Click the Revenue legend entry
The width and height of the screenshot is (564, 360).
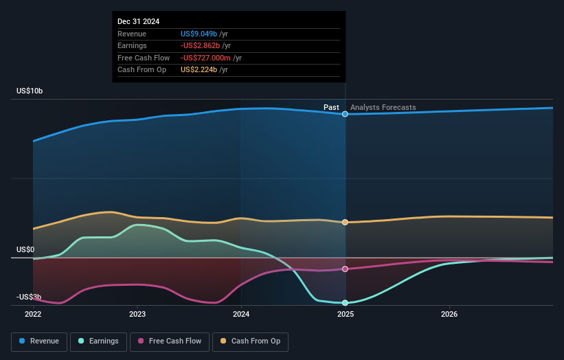coord(39,341)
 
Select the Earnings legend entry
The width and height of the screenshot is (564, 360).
coord(98,341)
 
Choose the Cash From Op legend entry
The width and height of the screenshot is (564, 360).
coord(250,341)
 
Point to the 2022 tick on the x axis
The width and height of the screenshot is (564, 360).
coord(33,314)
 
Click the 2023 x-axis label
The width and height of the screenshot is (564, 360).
coord(137,314)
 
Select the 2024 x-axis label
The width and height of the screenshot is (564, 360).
coord(241,314)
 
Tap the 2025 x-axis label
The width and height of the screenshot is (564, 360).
coord(345,314)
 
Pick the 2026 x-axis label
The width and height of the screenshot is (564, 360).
coord(449,314)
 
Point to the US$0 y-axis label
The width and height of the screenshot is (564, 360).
coord(25,249)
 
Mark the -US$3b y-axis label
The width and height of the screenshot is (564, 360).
coord(28,297)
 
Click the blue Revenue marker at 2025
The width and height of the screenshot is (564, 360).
coord(345,114)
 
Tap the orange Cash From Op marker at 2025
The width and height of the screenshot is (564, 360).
coord(345,222)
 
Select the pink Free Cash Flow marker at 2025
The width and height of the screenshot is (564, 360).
coord(345,269)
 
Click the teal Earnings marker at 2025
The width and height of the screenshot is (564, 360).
coord(345,303)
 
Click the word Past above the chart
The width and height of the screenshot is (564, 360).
coord(331,107)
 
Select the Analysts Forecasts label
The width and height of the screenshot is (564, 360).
coord(383,107)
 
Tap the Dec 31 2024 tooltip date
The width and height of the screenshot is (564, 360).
coord(138,21)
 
